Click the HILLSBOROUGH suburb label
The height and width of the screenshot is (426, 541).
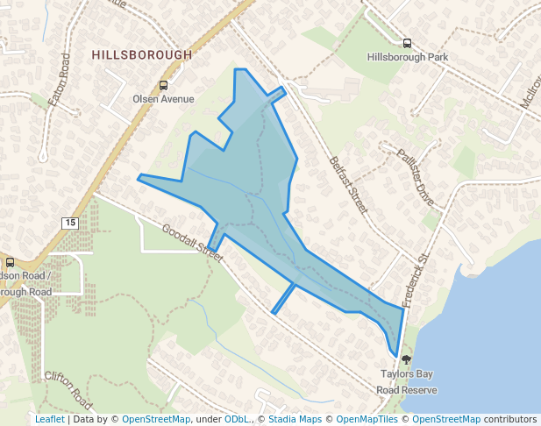pyautogui.click(x=142, y=54)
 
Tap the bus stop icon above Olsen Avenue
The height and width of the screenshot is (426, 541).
pyautogui.click(x=163, y=86)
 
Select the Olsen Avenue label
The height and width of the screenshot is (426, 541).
pyautogui.click(x=163, y=99)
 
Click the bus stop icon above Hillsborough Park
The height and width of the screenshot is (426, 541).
pyautogui.click(x=407, y=43)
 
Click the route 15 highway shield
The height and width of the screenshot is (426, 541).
pyautogui.click(x=70, y=224)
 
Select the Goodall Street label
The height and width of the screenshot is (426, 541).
pyautogui.click(x=193, y=241)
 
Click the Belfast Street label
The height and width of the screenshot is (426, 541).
pyautogui.click(x=348, y=185)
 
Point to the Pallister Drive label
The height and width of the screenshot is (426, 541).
pyautogui.click(x=415, y=172)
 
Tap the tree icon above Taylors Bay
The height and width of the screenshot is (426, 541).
pyautogui.click(x=406, y=359)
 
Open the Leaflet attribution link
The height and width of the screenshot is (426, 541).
pyautogui.click(x=50, y=420)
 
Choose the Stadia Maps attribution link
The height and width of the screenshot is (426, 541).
pyautogui.click(x=295, y=420)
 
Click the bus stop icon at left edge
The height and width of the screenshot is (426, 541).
pyautogui.click(x=10, y=262)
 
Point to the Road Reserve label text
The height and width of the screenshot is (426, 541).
pyautogui.click(x=407, y=389)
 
